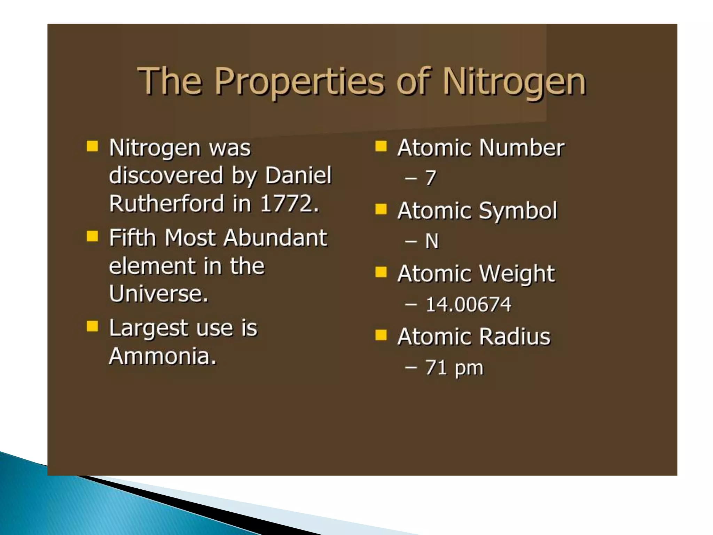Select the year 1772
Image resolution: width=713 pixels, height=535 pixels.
pyautogui.click(x=290, y=203)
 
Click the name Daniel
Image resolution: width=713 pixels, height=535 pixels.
pyautogui.click(x=298, y=175)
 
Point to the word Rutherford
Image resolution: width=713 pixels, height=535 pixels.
pyautogui.click(x=166, y=203)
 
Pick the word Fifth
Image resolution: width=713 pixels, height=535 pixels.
pyautogui.click(x=132, y=238)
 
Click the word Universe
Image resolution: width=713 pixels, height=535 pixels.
pyautogui.click(x=158, y=294)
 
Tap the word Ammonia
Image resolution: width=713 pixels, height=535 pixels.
pyautogui.click(x=162, y=356)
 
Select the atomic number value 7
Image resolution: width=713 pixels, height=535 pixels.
pyautogui.click(x=431, y=178)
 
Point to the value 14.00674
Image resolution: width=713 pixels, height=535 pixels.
pyautogui.click(x=468, y=304)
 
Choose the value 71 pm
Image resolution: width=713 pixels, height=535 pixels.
pyautogui.click(x=454, y=368)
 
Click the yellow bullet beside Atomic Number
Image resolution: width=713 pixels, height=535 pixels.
pyautogui.click(x=381, y=146)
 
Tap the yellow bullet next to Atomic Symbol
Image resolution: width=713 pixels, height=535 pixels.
pyautogui.click(x=381, y=209)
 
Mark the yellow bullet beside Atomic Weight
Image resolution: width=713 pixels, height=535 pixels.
pyautogui.click(x=381, y=272)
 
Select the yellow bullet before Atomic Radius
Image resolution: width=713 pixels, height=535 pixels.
pyautogui.click(x=381, y=335)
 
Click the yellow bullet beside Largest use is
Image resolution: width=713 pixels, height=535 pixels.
pyautogui.click(x=92, y=327)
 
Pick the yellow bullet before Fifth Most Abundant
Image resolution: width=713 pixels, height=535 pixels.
pyautogui.click(x=92, y=237)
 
